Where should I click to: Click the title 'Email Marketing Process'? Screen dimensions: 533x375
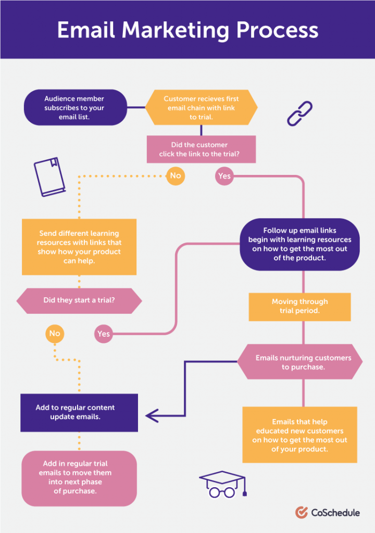tap(187, 30)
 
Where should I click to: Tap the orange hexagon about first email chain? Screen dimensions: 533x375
tap(201, 108)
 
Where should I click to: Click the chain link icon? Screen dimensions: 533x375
tap(299, 113)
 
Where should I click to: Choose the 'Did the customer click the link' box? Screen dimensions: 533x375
tap(201, 149)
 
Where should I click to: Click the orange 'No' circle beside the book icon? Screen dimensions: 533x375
tap(176, 176)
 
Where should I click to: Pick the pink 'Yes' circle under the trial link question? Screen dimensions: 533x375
tap(224, 176)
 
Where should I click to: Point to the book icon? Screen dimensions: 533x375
tap(49, 177)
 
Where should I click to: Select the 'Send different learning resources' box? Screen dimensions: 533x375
tap(79, 247)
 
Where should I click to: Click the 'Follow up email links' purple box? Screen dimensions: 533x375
tap(299, 244)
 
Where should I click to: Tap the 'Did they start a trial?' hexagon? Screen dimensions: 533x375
tap(79, 301)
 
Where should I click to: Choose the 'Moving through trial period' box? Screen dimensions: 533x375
tap(299, 307)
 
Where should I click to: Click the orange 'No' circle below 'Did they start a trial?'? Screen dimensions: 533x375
tap(55, 334)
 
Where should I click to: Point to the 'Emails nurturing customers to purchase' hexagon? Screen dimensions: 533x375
tap(300, 362)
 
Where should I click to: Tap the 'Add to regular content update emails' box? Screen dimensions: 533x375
tap(79, 413)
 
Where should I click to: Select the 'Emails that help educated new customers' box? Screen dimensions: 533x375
tap(299, 435)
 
